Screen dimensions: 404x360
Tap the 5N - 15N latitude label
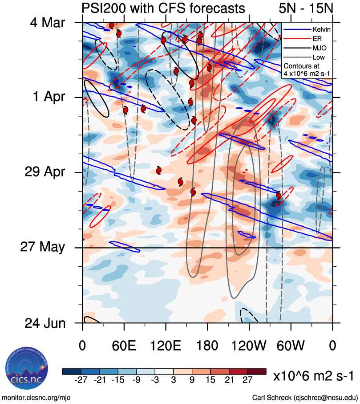point(303,8)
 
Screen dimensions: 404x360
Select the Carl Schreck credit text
point(305,397)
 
